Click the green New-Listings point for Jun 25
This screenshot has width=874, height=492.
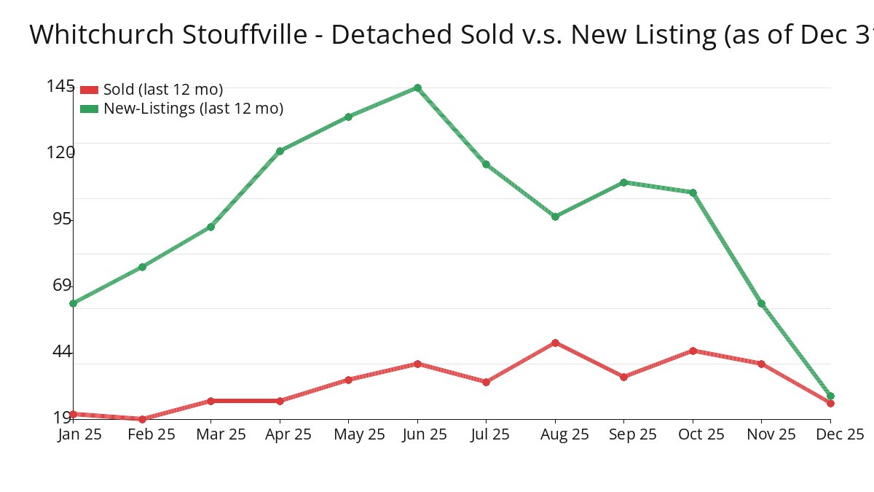point(417,88)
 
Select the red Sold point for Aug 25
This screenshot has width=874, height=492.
point(555,343)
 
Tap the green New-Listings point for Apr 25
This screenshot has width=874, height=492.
point(280,152)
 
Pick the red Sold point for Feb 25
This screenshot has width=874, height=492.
point(142,419)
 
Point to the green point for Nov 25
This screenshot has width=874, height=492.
point(761,303)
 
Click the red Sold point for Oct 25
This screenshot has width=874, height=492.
point(693,351)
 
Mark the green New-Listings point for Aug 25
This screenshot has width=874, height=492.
point(555,216)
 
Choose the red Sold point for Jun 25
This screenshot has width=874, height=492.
point(417,364)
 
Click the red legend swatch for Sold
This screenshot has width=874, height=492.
point(89,90)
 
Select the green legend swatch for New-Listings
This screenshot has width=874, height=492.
point(89,109)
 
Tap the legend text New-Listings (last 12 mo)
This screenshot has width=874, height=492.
point(193,109)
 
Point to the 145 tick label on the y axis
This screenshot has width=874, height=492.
point(60,86)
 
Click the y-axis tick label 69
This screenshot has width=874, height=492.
point(63,285)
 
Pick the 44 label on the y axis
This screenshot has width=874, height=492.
point(63,352)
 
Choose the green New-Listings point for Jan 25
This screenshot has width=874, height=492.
point(74,303)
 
